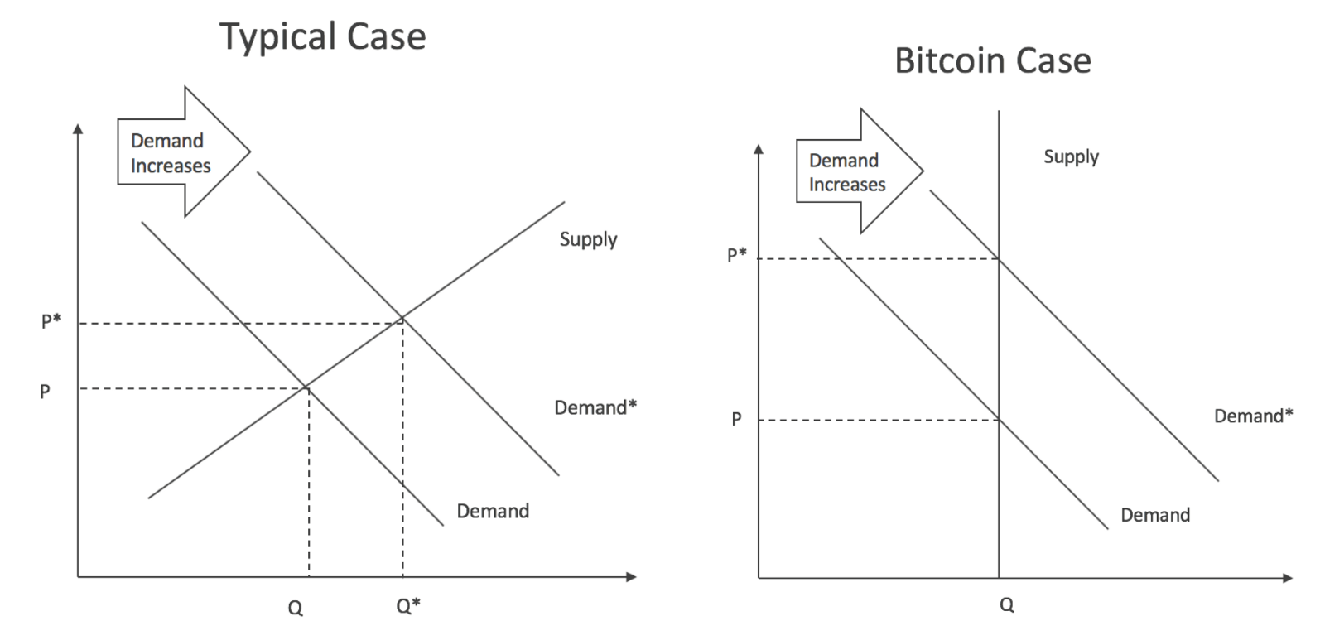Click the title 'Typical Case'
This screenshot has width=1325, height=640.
pyautogui.click(x=322, y=37)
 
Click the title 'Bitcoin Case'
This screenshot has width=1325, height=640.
pyautogui.click(x=992, y=61)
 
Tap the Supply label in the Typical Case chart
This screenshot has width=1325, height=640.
pyautogui.click(x=588, y=239)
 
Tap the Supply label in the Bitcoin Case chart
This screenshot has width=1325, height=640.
pyautogui.click(x=1071, y=156)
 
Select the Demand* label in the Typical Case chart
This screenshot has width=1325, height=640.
pyautogui.click(x=595, y=407)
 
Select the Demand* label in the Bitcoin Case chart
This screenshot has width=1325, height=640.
pyautogui.click(x=1252, y=416)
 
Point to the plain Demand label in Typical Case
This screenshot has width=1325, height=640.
pyautogui.click(x=493, y=511)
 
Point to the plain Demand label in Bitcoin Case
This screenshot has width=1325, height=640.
pyautogui.click(x=1155, y=515)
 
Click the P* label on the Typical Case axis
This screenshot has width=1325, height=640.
pyautogui.click(x=51, y=321)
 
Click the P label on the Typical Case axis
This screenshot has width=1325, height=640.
pyautogui.click(x=45, y=391)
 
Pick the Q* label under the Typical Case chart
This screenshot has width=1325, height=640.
pyautogui.click(x=407, y=606)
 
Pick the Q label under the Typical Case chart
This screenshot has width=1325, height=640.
pyautogui.click(x=295, y=609)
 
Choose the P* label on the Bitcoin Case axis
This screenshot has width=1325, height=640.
pyautogui.click(x=736, y=254)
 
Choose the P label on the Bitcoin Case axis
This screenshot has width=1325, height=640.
pyautogui.click(x=736, y=419)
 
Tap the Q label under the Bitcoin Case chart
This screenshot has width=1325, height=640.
pyautogui.click(x=1006, y=605)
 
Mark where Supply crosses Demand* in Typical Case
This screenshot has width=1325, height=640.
pyautogui.click(x=402, y=318)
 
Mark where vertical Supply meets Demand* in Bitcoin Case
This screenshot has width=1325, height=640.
pyautogui.click(x=999, y=259)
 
